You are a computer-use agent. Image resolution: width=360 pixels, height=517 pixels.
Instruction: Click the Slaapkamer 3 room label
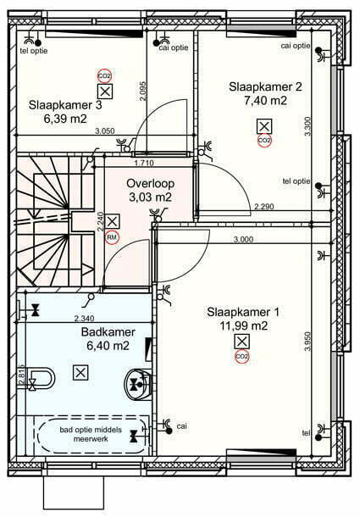click(65, 105)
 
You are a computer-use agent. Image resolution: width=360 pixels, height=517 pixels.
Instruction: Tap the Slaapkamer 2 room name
click(265, 86)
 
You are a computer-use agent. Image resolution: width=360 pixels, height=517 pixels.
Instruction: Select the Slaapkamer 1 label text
click(243, 312)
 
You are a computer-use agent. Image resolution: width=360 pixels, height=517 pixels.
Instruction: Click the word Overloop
click(150, 184)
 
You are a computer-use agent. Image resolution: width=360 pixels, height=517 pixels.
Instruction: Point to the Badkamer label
click(108, 331)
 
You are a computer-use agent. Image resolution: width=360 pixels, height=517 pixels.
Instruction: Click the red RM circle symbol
click(112, 237)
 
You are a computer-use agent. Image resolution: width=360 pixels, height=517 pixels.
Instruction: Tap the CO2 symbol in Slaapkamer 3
click(105, 76)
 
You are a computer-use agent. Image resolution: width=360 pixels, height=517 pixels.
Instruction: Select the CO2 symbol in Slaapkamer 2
click(264, 141)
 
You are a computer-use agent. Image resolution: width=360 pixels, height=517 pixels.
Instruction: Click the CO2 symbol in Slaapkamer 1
click(242, 357)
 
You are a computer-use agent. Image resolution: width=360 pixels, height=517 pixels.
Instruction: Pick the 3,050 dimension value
click(105, 131)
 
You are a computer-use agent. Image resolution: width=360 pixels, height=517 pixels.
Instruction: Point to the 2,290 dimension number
click(263, 207)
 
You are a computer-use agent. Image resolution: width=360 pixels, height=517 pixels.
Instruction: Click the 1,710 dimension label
click(144, 163)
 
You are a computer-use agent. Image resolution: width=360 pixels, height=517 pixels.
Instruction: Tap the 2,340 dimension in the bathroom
click(84, 319)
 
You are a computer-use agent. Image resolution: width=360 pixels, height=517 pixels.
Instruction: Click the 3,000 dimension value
click(243, 239)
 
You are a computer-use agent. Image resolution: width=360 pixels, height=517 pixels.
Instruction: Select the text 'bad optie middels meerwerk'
click(91, 434)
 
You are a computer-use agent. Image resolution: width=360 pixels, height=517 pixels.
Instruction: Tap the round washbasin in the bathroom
click(138, 384)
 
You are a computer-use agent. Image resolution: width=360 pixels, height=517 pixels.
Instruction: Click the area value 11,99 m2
click(244, 325)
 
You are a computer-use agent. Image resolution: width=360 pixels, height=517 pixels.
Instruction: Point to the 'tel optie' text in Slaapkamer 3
click(34, 51)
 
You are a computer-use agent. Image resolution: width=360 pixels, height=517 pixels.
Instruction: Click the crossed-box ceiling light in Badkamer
click(80, 373)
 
